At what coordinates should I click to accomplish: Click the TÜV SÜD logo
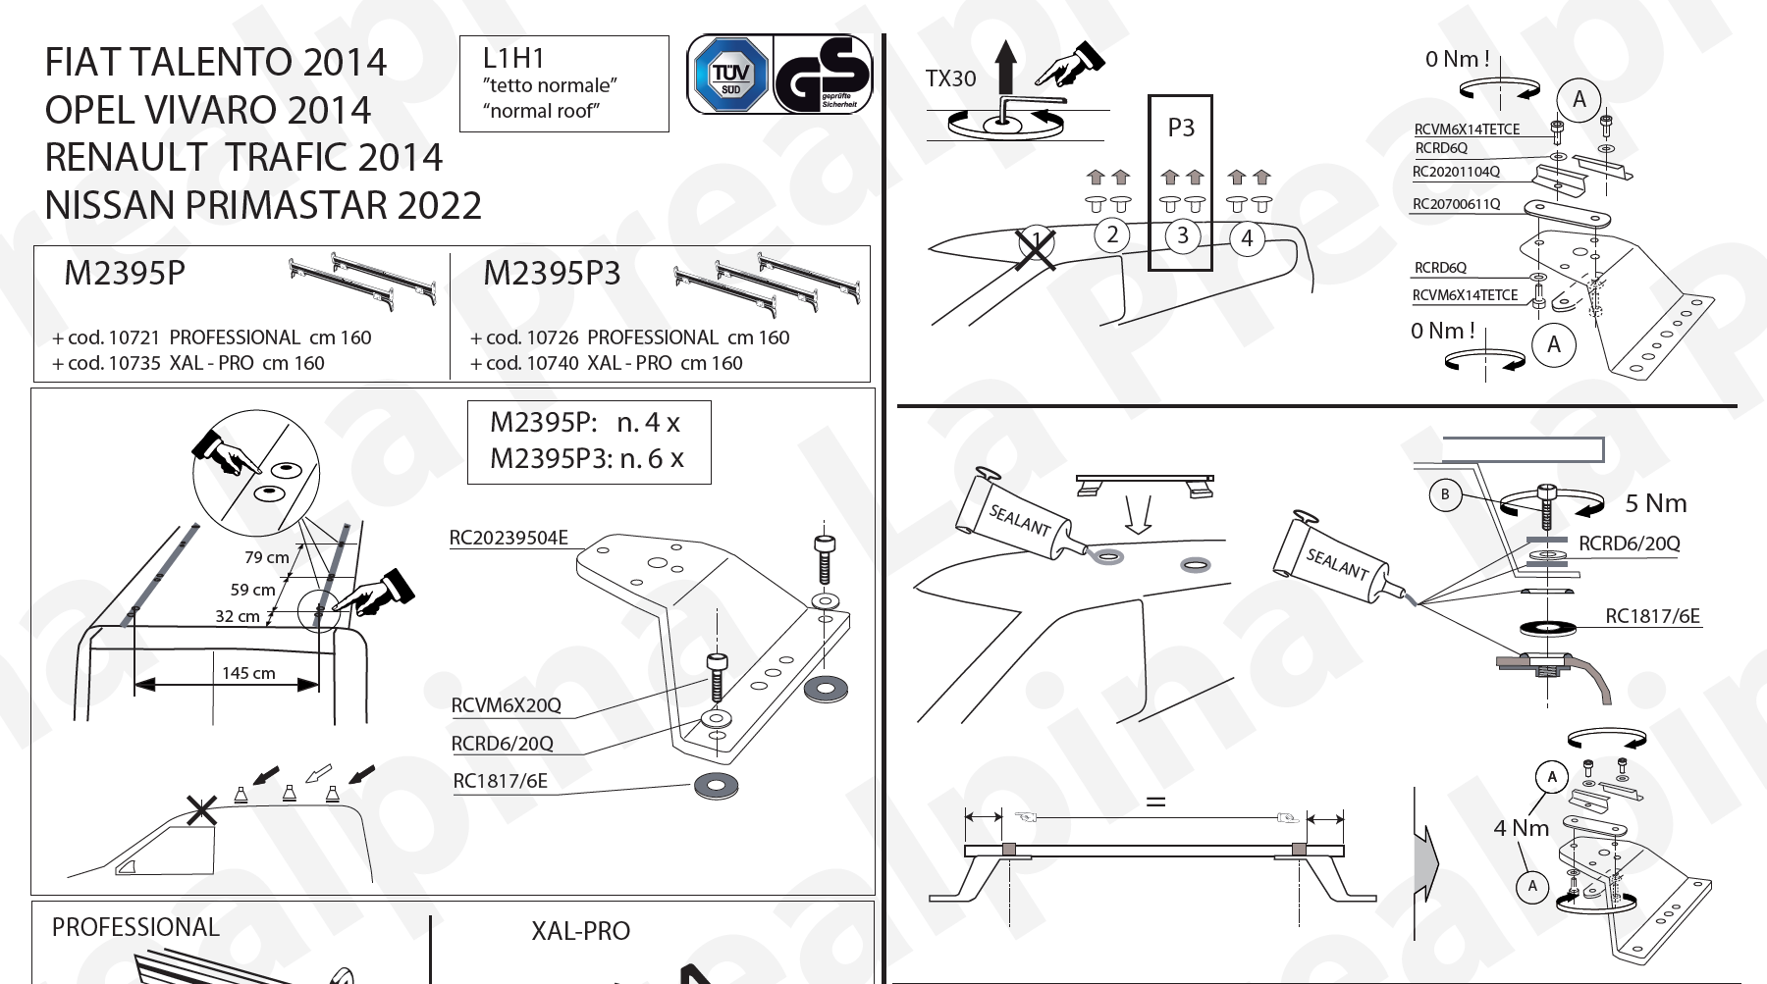730,75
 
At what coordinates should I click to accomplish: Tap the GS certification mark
823,75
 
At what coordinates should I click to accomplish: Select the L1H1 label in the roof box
513,59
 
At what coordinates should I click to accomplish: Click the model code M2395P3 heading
552,274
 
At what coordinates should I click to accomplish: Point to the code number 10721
134,337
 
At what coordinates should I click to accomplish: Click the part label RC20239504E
509,538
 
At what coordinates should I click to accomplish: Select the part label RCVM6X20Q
506,705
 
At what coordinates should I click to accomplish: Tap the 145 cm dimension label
248,673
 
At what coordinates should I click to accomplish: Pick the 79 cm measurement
266,557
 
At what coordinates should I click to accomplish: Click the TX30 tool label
950,79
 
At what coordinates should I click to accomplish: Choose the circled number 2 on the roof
1112,235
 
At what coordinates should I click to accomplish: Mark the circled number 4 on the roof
1247,238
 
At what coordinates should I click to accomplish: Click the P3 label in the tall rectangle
1181,128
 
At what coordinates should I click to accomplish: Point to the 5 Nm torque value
1655,503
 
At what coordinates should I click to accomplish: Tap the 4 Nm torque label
1521,828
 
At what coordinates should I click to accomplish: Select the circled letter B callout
1444,494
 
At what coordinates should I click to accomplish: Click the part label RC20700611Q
1456,204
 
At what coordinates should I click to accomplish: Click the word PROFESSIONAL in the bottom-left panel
135,927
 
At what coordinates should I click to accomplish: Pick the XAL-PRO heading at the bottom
580,931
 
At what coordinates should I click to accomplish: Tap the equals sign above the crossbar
1156,802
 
